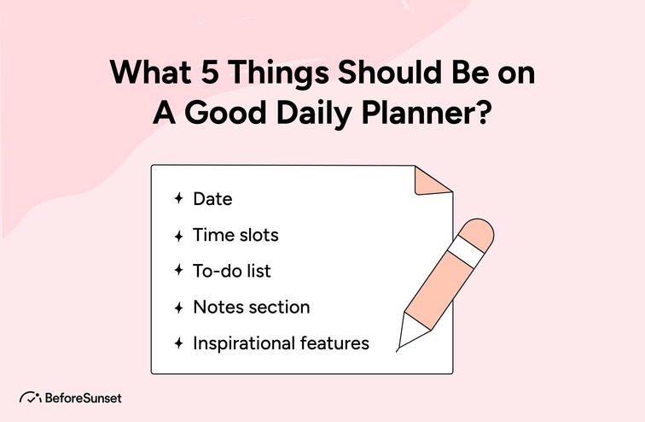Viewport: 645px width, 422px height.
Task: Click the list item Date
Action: pos(212,199)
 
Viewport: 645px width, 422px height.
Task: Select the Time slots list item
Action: pos(235,234)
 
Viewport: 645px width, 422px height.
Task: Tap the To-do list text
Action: pos(232,271)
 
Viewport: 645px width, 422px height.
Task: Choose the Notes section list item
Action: pos(251,307)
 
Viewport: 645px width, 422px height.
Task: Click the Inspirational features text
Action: pos(281,343)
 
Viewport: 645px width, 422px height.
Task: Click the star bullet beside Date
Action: pos(178,199)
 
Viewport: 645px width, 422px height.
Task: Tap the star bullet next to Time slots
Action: pos(178,235)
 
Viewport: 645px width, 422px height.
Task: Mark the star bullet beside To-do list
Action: pos(178,271)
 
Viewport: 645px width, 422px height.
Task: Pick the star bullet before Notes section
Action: pos(178,308)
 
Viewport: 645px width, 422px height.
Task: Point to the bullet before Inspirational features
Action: pos(178,343)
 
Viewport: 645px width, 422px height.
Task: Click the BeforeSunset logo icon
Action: pos(29,398)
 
